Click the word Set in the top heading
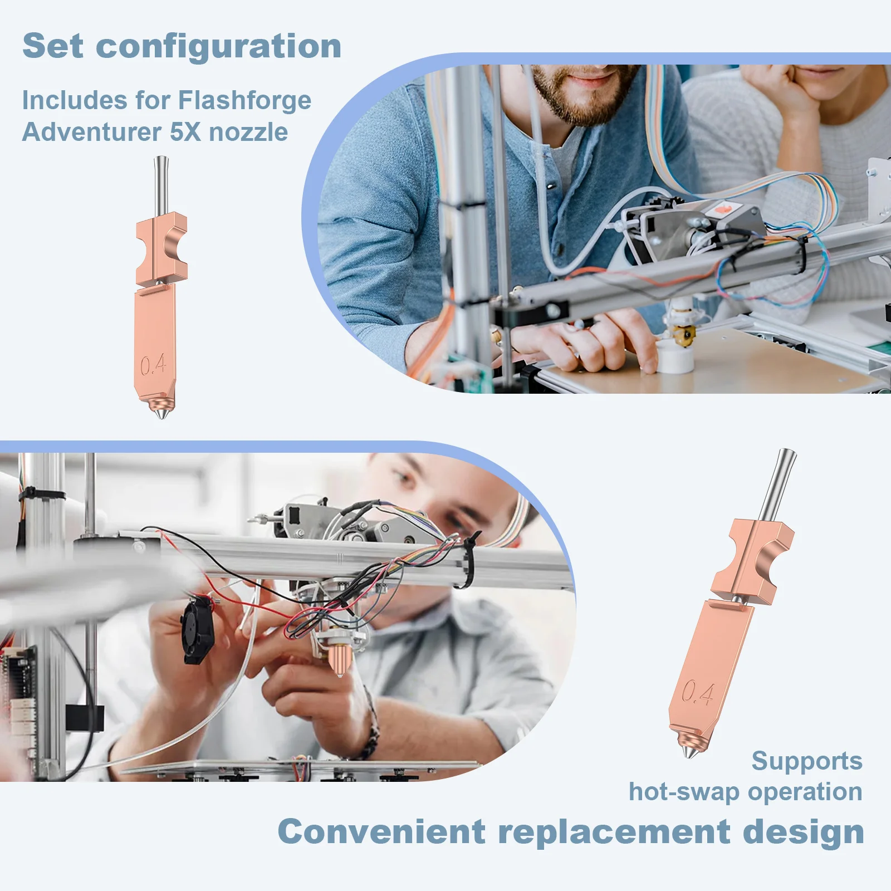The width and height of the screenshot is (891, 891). (53, 46)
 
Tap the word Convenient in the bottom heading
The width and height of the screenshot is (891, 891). (381, 832)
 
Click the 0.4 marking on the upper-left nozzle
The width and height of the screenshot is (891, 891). (153, 365)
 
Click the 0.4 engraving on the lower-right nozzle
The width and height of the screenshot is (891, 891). (698, 693)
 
